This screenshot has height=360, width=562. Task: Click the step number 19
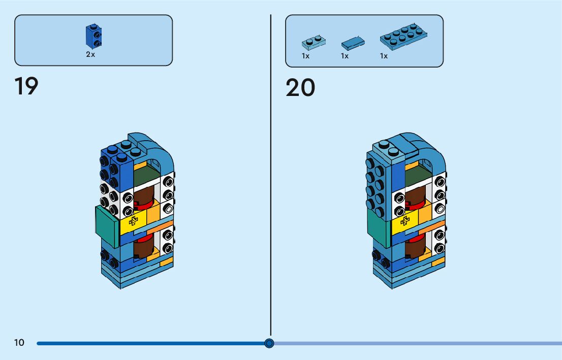click(x=26, y=86)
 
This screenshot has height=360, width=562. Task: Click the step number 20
click(x=300, y=88)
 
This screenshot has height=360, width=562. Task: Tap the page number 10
click(x=19, y=343)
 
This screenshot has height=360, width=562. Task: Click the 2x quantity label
click(x=90, y=54)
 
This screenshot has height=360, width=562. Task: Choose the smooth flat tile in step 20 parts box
click(x=353, y=42)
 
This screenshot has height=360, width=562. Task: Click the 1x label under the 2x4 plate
click(x=384, y=56)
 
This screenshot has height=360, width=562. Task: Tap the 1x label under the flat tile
click(x=345, y=56)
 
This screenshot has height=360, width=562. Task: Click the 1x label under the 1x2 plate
click(x=305, y=56)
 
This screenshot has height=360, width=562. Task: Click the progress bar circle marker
click(x=269, y=343)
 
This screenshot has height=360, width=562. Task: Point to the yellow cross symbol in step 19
click(x=134, y=220)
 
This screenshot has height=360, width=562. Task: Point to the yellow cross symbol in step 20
click(x=405, y=221)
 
